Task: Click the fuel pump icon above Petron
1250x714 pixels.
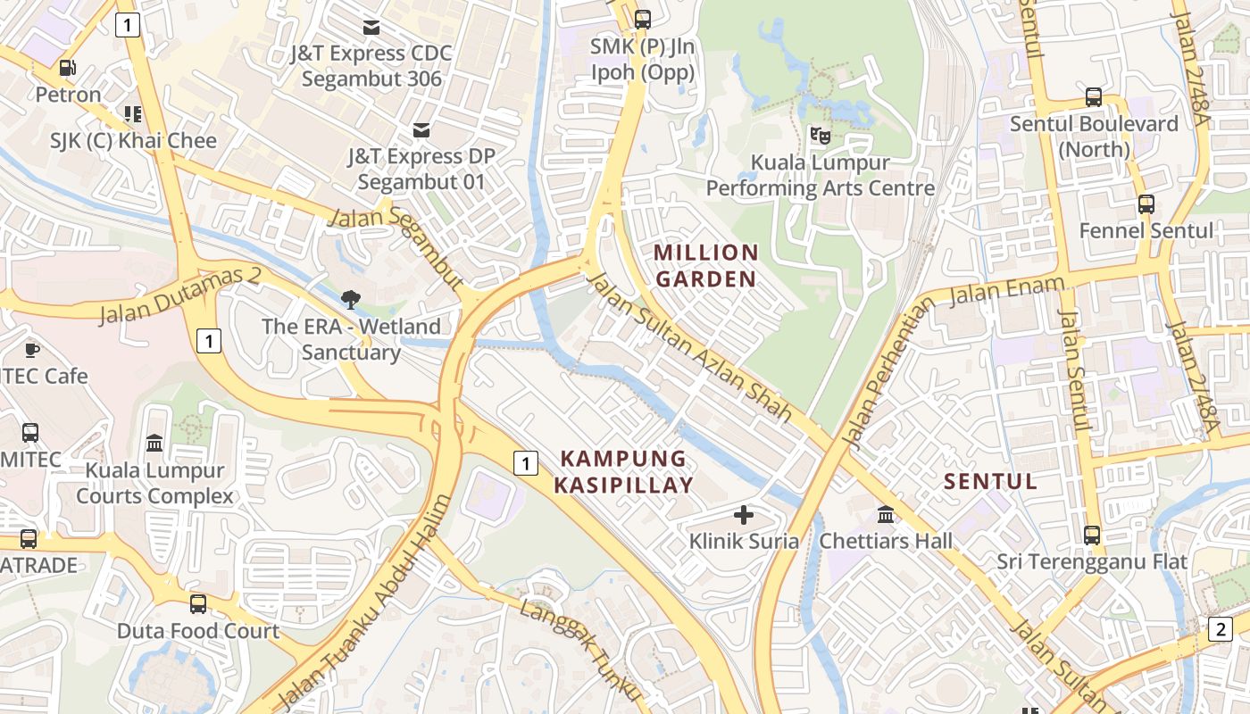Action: (67, 68)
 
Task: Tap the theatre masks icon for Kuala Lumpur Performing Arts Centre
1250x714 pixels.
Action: (819, 136)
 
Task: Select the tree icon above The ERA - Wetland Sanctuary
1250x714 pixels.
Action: (351, 300)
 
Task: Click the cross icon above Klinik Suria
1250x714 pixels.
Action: (744, 514)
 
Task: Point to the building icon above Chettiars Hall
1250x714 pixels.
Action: (886, 514)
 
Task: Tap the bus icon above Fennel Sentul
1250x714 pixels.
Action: (1146, 204)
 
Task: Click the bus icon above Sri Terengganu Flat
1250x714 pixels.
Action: (1092, 535)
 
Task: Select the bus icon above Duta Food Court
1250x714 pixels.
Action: (198, 604)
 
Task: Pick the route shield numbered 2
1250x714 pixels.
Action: (1220, 628)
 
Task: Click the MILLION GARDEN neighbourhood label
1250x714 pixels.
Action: (706, 266)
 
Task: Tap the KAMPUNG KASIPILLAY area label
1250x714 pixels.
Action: (623, 472)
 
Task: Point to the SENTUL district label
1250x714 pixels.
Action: (991, 482)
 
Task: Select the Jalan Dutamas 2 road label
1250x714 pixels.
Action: (179, 295)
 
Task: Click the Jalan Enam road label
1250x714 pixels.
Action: (1008, 290)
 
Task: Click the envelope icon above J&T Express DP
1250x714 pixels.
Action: (421, 131)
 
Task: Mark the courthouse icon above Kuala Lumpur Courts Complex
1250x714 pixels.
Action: (154, 444)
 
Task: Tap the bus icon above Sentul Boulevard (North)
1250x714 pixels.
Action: (1094, 97)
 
